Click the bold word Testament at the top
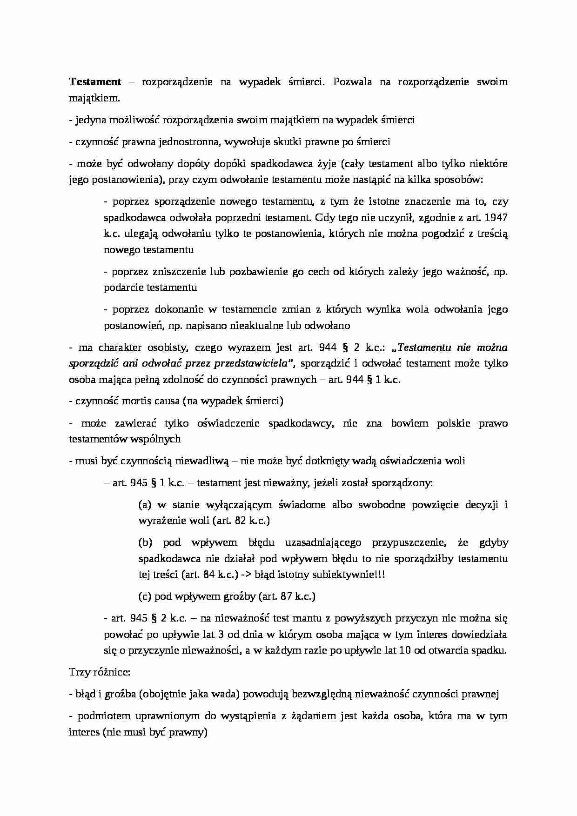point(95,82)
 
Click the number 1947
point(496,218)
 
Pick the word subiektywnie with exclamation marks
point(345,575)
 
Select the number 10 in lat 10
point(404,650)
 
